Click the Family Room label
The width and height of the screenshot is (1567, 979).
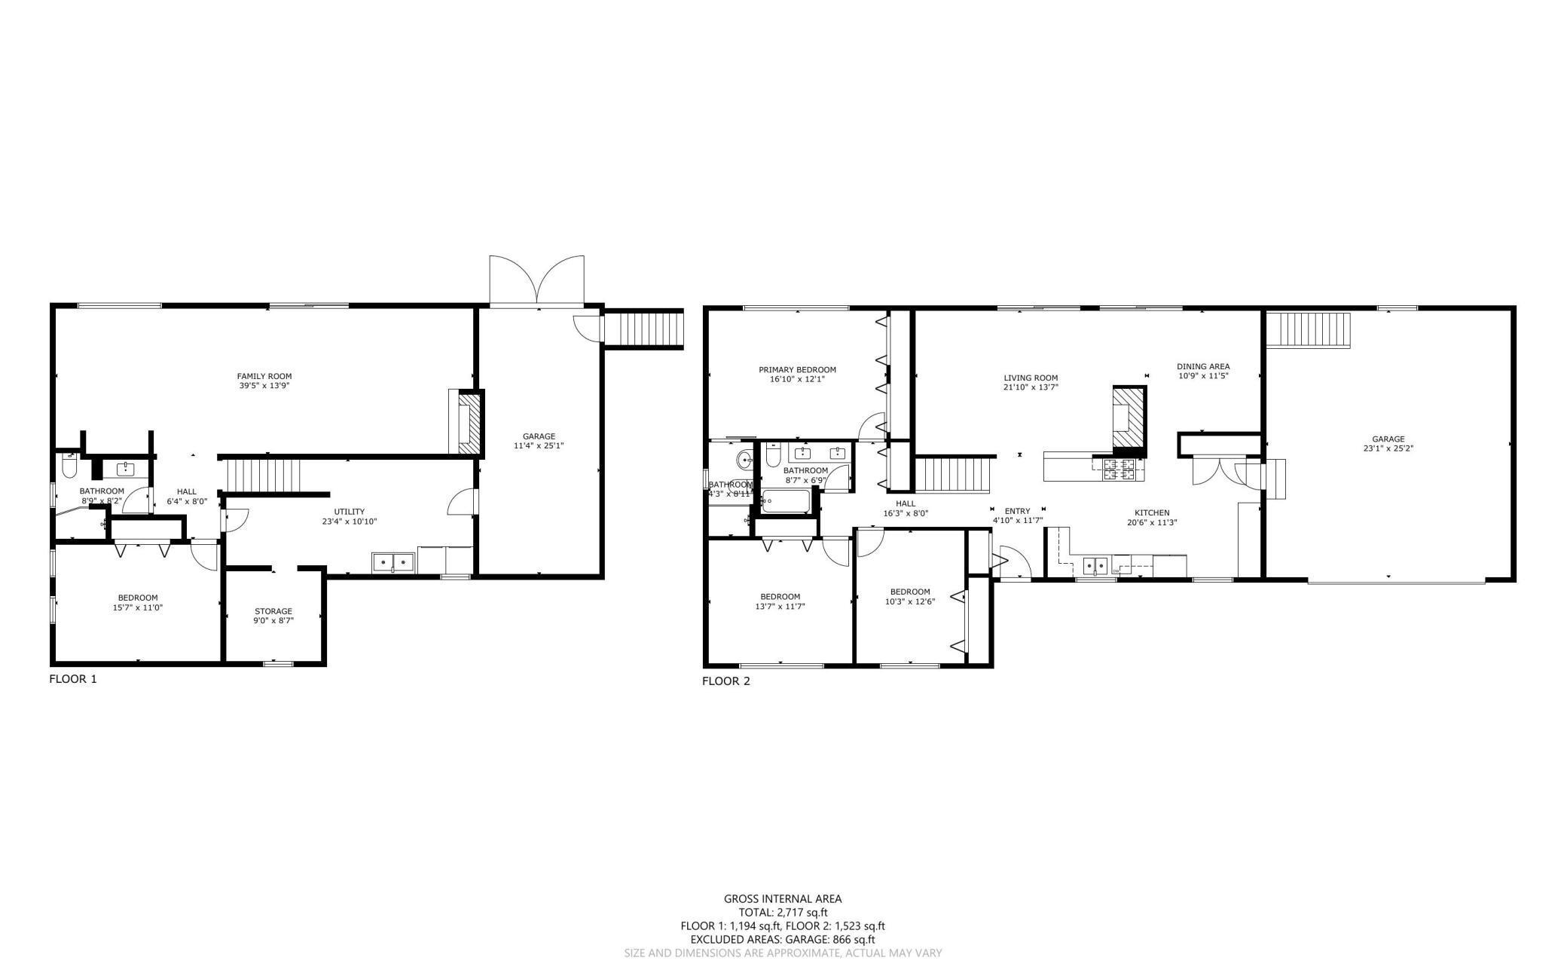click(264, 376)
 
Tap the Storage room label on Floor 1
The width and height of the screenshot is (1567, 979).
click(273, 611)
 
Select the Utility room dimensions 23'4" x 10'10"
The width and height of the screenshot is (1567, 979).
click(350, 522)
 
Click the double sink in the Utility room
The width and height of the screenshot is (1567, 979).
click(393, 562)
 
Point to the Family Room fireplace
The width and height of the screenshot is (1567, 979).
click(466, 422)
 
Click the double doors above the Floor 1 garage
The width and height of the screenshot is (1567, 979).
click(536, 280)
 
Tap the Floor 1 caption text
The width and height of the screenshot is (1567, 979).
click(73, 679)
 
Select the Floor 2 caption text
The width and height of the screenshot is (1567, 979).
click(726, 682)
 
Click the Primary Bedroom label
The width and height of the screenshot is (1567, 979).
click(797, 370)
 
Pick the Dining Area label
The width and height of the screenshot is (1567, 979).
click(1203, 367)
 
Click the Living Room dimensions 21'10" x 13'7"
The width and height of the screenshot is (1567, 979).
click(1031, 387)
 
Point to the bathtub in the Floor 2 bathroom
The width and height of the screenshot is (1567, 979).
click(787, 501)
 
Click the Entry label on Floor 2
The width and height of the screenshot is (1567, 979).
click(1017, 511)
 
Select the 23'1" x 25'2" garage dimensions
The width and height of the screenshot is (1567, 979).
click(1388, 448)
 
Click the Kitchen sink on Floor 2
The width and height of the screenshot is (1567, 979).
click(1095, 564)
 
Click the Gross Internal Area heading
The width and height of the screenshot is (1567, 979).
click(783, 898)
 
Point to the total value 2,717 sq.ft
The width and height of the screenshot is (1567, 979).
click(802, 913)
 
